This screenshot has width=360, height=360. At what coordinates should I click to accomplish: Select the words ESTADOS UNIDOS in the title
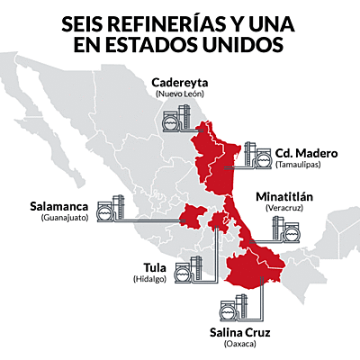pyautogui.click(x=206, y=45)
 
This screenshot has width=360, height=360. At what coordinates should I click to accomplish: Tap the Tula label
pyautogui.click(x=155, y=267)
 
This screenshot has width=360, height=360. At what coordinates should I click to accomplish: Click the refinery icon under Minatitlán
pyautogui.click(x=287, y=231)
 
